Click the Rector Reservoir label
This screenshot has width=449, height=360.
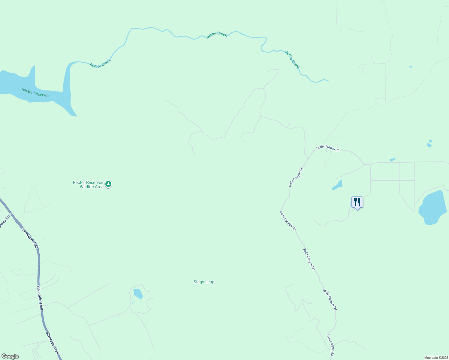(x=36, y=92)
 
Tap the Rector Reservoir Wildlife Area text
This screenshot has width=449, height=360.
(x=88, y=184)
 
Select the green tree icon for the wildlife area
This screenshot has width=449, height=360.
(x=108, y=184)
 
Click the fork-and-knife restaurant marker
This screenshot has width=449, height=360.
(x=357, y=202)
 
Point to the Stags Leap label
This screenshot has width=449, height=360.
(x=204, y=282)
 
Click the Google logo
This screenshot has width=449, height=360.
(x=10, y=356)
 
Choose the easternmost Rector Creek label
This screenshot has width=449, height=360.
(x=292, y=60)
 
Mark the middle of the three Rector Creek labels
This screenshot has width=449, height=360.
(x=217, y=35)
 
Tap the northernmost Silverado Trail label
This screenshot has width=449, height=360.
(x=30, y=238)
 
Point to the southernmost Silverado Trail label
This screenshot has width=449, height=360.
(x=53, y=343)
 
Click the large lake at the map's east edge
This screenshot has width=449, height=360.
(x=432, y=208)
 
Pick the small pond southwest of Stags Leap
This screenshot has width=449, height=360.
(x=138, y=293)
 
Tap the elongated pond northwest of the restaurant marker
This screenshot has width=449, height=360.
(x=338, y=185)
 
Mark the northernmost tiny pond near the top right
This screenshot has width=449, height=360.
(x=411, y=67)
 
